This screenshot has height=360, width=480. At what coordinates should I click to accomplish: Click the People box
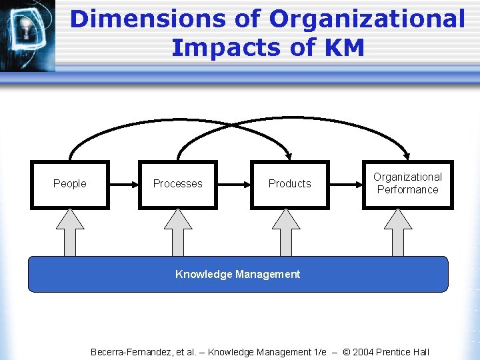(x=70, y=184)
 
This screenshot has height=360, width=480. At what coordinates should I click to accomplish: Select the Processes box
(x=178, y=184)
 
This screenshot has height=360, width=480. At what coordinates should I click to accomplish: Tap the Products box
(x=289, y=184)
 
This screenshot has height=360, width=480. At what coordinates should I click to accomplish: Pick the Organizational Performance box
(x=407, y=184)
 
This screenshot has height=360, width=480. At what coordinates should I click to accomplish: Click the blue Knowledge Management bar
(x=238, y=275)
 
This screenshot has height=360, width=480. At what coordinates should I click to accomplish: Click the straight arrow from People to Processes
(x=123, y=184)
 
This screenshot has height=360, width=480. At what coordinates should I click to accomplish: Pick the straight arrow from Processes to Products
(x=233, y=184)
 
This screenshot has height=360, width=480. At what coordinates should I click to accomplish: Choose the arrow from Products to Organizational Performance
(x=345, y=184)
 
